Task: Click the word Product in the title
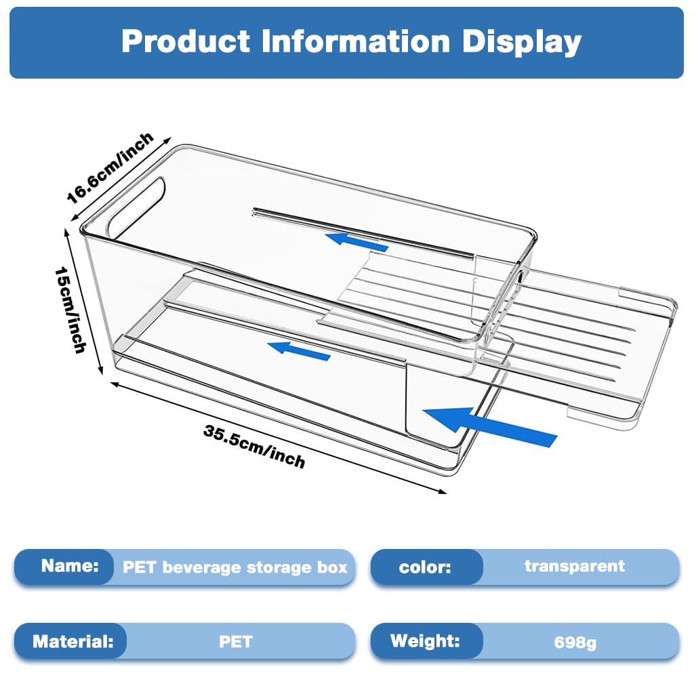(x=186, y=41)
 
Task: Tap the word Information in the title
(x=356, y=41)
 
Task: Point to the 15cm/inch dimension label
(x=72, y=308)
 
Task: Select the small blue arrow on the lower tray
(x=299, y=350)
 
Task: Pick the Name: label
(x=69, y=565)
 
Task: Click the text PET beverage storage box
(x=234, y=567)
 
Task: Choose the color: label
(x=425, y=567)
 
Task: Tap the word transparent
(x=575, y=565)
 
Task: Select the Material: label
(x=73, y=641)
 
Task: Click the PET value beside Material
(x=236, y=641)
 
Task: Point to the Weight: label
(x=425, y=640)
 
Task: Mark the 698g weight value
(x=575, y=642)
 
